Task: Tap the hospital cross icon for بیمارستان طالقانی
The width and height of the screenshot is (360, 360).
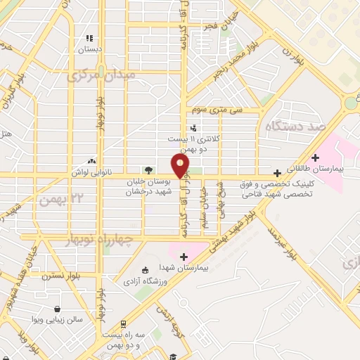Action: [x=316, y=157]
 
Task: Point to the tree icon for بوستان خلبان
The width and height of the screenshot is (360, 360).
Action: [x=148, y=169]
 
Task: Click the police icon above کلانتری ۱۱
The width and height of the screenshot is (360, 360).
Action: [x=193, y=128]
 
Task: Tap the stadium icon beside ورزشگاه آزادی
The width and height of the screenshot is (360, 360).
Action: [x=146, y=270]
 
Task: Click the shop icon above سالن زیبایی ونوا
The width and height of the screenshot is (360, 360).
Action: [x=58, y=308]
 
